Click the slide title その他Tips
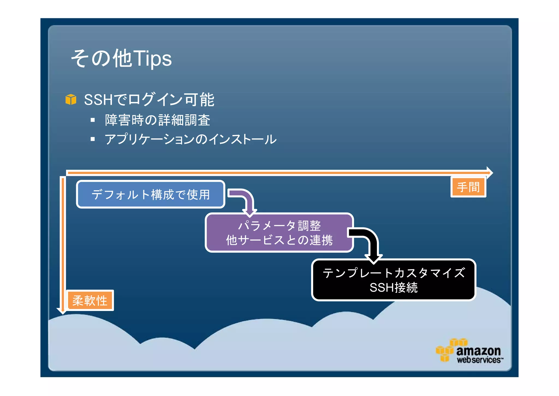tap(121, 58)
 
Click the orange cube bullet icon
tap(71, 100)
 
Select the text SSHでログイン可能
tap(149, 100)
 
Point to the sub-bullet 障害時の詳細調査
tap(157, 120)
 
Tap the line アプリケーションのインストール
tap(190, 139)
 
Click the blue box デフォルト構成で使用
tap(150, 194)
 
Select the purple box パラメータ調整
tap(279, 226)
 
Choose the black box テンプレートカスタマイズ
tap(394, 273)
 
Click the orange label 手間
tap(468, 187)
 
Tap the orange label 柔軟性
tap(90, 301)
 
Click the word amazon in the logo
tap(478, 351)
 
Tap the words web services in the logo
tap(479, 360)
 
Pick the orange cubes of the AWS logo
tap(448, 350)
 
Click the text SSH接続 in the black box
tap(394, 288)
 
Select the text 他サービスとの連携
tap(279, 240)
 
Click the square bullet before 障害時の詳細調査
tap(93, 120)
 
